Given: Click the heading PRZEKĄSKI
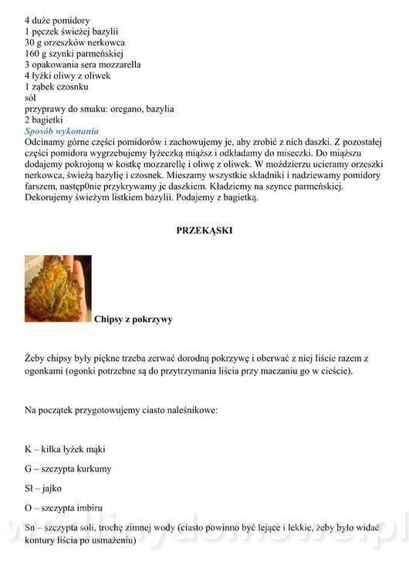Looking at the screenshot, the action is point(204,230).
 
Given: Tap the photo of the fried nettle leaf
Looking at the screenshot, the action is point(58,288).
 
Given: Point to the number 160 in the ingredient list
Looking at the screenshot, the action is point(33,53).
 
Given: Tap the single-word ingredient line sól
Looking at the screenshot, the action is point(31,99).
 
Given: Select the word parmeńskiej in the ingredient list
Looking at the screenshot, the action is point(107,53).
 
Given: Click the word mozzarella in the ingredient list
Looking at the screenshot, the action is point(116,65).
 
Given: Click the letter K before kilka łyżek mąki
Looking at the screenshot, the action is point(29,449).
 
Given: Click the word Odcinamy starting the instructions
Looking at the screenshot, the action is point(49,143).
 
